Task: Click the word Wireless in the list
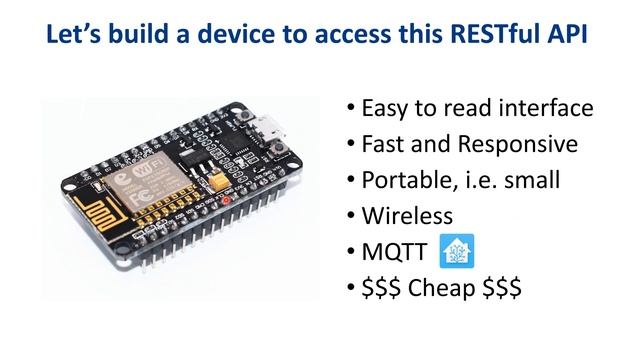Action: tap(407, 215)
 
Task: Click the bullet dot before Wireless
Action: tap(351, 216)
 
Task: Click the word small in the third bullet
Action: tap(560, 180)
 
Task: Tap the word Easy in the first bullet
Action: tap(385, 108)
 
